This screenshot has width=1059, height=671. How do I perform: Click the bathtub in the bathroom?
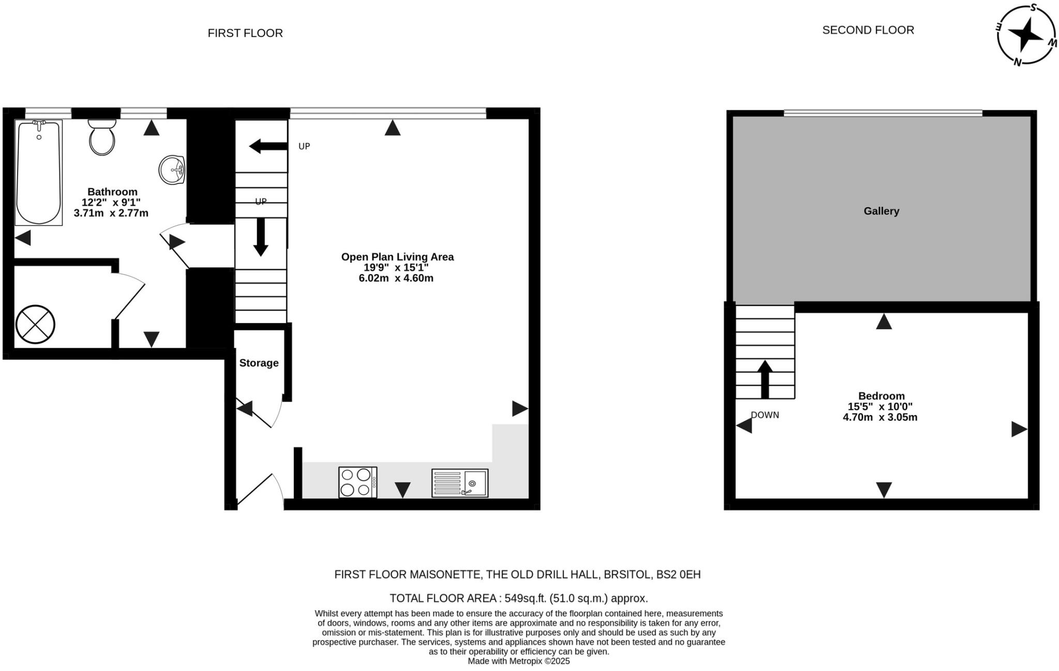click(x=39, y=173)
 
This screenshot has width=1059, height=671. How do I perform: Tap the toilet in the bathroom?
click(x=102, y=139)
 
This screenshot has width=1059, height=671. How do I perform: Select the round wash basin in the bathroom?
click(x=172, y=170)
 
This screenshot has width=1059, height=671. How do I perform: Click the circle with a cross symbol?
click(x=35, y=325)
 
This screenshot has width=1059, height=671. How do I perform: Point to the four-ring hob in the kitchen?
click(x=357, y=482)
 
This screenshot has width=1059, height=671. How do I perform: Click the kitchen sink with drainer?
click(x=460, y=483)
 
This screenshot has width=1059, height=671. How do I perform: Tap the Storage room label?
click(x=259, y=363)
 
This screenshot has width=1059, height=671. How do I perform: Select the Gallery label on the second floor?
click(x=881, y=211)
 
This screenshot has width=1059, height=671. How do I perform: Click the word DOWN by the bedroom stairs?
click(x=765, y=415)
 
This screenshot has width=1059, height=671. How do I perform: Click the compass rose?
click(x=1026, y=35)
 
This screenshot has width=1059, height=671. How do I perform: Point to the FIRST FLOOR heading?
click(x=245, y=33)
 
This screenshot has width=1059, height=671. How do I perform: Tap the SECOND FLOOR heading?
click(x=868, y=30)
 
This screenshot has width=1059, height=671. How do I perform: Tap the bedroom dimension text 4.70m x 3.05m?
click(x=880, y=418)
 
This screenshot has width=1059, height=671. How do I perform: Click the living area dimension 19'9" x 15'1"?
click(x=396, y=268)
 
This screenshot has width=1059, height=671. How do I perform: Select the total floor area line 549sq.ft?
click(x=518, y=599)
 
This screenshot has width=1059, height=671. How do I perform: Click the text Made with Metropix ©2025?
click(x=518, y=661)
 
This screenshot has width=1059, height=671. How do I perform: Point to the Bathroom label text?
click(x=112, y=192)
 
